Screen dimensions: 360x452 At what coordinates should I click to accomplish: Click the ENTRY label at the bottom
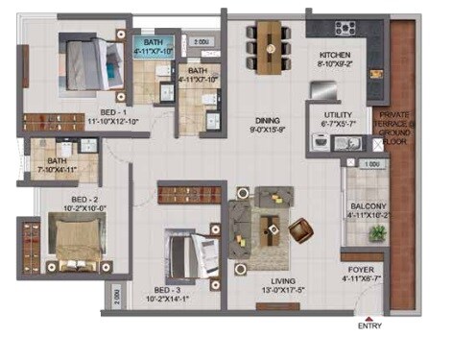click(369, 326)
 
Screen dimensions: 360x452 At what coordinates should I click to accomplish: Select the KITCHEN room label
click(335, 56)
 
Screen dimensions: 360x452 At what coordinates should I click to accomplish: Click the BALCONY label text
click(369, 206)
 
